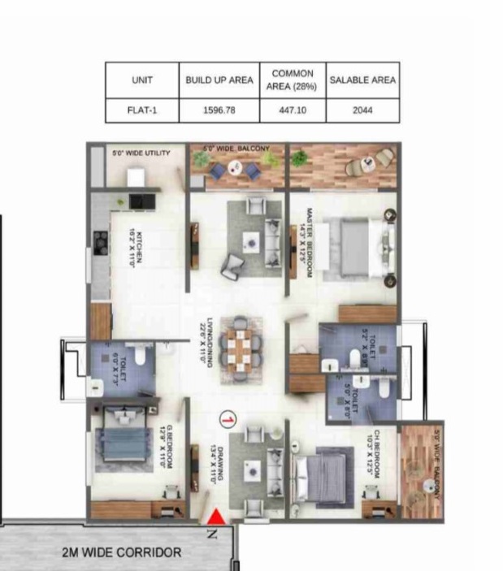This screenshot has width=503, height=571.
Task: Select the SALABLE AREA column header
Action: point(362,80)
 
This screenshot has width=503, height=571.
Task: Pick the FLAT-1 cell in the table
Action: point(142,110)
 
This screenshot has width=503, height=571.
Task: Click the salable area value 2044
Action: point(362,110)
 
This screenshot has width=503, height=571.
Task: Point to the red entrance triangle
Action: point(216,517)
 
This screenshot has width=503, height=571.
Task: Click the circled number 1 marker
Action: point(228,419)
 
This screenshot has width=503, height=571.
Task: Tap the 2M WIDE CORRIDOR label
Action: point(122,552)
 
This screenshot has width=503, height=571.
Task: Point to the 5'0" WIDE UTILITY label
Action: point(140,153)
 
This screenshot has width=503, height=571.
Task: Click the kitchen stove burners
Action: point(101,240)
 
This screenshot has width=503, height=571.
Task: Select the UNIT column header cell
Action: point(142,80)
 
